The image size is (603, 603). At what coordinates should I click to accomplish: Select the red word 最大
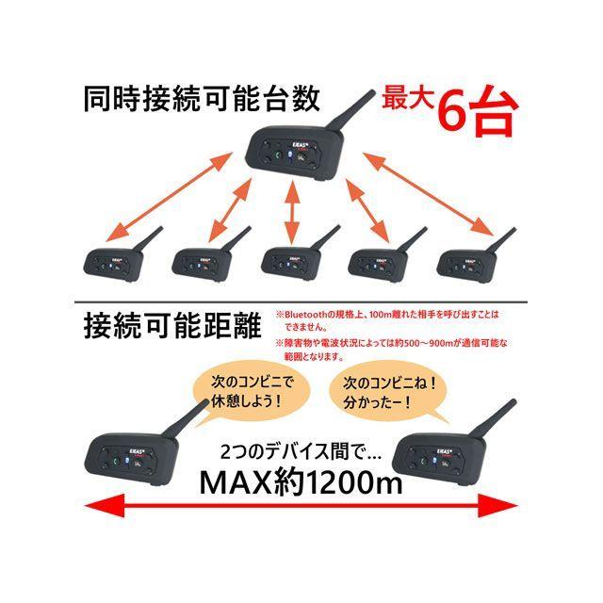click(408, 99)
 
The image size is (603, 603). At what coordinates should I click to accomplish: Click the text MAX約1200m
click(301, 482)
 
